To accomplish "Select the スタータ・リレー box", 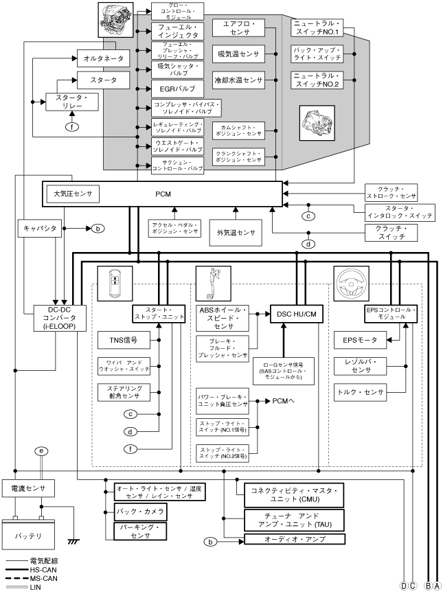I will point(72,102).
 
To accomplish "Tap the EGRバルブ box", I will point(177,89).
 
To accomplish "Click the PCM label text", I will point(163,194).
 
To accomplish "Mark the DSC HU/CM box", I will point(297,314).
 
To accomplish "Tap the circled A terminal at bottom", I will point(436,586).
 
